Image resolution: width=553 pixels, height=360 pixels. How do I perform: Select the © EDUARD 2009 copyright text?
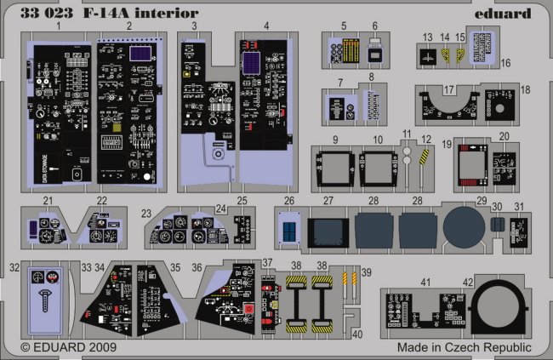69,348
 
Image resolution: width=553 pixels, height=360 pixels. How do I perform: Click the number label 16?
504,62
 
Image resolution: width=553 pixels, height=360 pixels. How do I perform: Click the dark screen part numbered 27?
328,230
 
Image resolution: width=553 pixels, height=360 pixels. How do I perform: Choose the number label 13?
425,37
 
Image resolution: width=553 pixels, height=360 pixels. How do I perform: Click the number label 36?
196,267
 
